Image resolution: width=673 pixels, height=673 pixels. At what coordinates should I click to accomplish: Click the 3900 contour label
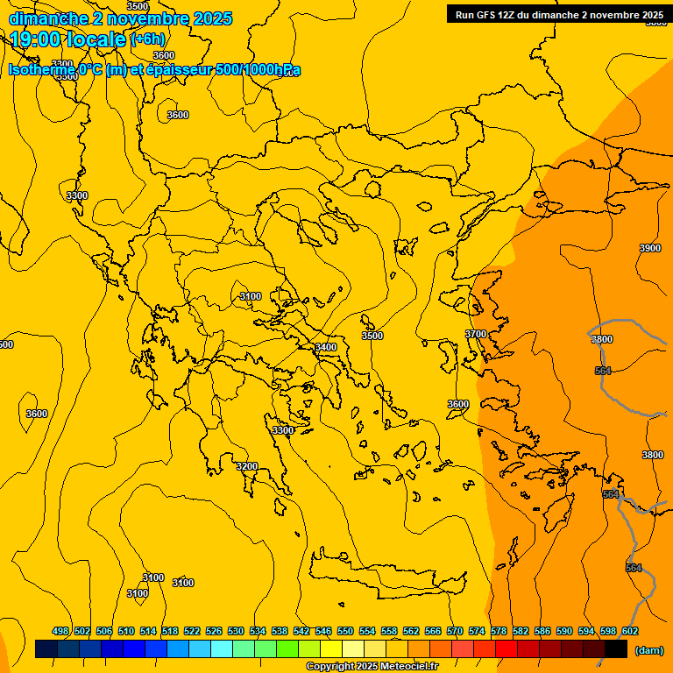[649, 248]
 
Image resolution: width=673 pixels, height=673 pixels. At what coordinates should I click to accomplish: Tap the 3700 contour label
[475, 334]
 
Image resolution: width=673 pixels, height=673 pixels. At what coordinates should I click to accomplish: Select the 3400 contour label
[326, 347]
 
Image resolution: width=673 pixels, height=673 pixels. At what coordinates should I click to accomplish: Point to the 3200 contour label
[247, 466]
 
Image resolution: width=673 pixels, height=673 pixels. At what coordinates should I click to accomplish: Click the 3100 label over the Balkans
[251, 296]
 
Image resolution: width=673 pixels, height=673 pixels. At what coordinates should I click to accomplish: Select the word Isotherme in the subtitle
[42, 69]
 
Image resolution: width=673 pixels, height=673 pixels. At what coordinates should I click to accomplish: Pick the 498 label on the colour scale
[60, 631]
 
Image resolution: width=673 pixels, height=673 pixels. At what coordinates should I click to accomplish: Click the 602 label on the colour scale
[629, 631]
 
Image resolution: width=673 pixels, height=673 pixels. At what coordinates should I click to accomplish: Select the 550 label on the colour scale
[345, 631]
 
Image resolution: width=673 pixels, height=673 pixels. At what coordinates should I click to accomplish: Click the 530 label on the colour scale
[236, 631]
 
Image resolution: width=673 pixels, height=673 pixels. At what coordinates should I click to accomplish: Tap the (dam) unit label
[648, 649]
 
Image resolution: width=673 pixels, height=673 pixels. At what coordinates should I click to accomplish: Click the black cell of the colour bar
[616, 649]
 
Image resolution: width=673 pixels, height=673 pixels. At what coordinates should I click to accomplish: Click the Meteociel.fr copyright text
[372, 667]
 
